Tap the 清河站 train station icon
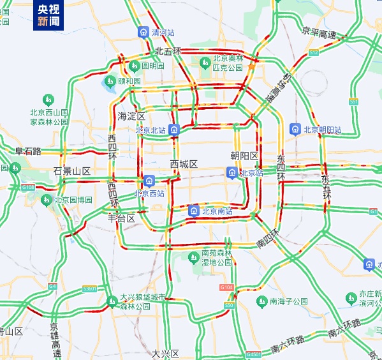(x=143, y=31)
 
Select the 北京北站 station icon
(x=174, y=130)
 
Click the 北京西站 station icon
(x=149, y=181)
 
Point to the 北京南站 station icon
(x=194, y=211)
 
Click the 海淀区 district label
(x=132, y=116)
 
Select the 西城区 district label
(x=184, y=164)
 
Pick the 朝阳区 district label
(x=244, y=156)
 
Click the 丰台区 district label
(x=121, y=218)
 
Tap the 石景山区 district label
(x=72, y=171)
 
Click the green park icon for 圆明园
(x=135, y=65)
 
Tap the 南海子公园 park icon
(x=261, y=301)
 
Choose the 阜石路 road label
(x=28, y=151)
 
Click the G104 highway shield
(x=226, y=288)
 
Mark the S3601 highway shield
(x=89, y=289)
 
